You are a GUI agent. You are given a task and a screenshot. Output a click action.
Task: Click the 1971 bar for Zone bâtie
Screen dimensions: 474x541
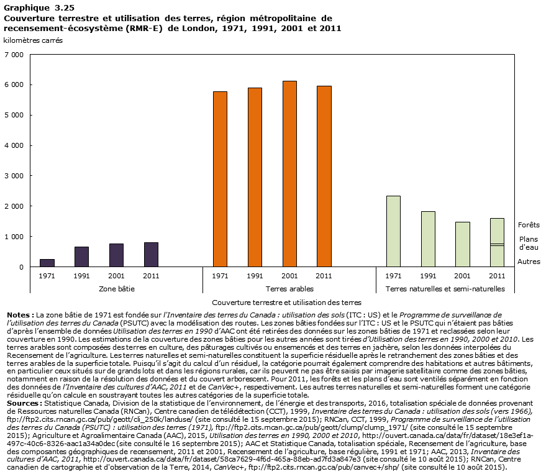coord(47,263)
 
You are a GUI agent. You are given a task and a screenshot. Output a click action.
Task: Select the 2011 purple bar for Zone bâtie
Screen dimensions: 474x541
coord(151,254)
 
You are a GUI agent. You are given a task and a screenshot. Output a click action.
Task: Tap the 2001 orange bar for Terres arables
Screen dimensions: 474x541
coord(289,174)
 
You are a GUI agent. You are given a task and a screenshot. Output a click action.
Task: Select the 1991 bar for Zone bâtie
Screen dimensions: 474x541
coord(81,257)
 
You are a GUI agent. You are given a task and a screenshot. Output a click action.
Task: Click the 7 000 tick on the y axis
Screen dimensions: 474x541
coord(13,55)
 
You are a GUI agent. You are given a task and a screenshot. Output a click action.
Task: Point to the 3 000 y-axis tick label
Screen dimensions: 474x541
coord(13,176)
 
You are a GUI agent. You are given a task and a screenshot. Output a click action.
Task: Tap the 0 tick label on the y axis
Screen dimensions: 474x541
coord(21,267)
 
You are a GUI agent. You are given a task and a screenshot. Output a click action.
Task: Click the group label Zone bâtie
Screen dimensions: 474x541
coord(116,289)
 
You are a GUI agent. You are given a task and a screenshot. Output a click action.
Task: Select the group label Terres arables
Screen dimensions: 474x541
coord(289,289)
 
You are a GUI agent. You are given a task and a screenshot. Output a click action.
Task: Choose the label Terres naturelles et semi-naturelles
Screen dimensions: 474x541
coord(445,289)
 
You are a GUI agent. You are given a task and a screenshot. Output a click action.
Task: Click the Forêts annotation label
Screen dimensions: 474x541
coord(528,225)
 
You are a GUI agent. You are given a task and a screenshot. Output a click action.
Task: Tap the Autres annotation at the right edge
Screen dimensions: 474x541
coord(529,262)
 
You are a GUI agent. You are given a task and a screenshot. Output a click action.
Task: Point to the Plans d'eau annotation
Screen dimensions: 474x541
coord(529,243)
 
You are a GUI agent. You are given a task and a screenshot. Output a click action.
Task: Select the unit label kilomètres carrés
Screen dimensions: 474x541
coord(32,40)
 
